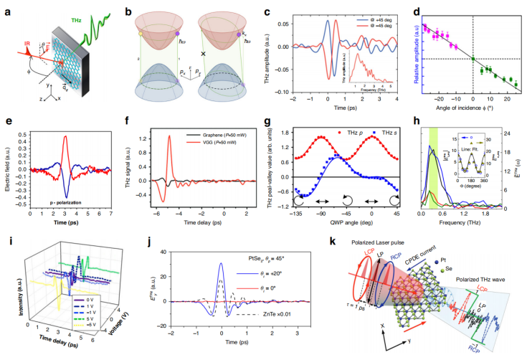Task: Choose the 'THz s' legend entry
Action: point(370,133)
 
